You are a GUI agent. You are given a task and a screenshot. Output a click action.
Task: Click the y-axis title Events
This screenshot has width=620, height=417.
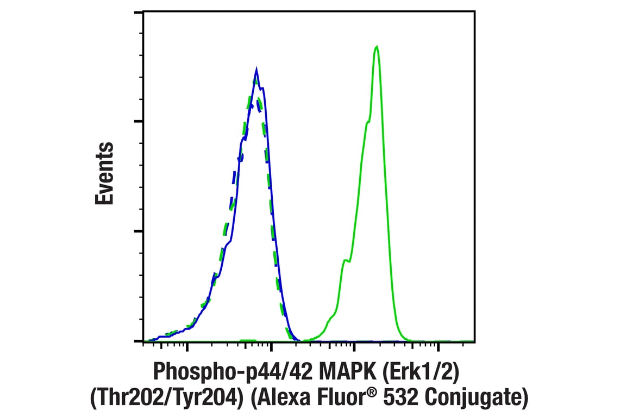pos(105,174)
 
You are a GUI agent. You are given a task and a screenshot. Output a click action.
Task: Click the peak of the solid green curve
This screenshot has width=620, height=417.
pos(377,47)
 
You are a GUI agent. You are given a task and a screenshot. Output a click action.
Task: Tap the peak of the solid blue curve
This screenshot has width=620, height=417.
pos(256,69)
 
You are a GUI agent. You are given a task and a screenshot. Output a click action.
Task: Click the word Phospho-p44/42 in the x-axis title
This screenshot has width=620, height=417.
pos(227,372)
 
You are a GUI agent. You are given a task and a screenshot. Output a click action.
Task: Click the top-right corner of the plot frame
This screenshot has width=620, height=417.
pos(474,11)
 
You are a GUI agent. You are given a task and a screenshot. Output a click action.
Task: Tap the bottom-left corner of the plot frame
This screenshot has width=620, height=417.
pos(143,342)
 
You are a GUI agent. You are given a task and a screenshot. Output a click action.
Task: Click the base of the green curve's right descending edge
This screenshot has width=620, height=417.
pos(405,340)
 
